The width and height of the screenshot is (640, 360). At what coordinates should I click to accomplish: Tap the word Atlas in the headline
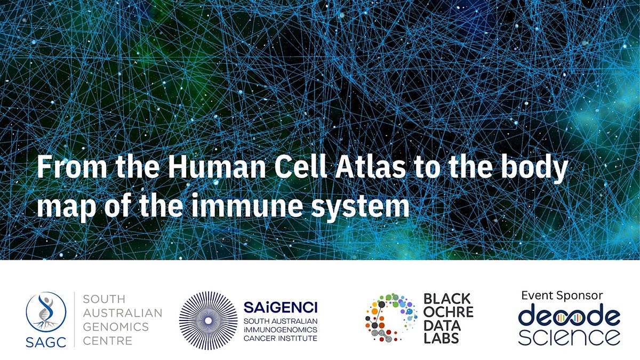pos(370,167)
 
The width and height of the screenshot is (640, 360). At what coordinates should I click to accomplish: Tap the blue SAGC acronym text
pos(46,342)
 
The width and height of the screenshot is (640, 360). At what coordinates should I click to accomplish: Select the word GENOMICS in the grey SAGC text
pos(116,327)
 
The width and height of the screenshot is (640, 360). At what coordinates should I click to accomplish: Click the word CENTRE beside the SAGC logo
pos(108,341)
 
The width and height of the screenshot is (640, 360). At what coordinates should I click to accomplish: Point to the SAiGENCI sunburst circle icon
pos(209,321)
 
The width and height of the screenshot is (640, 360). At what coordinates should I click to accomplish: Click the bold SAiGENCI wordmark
pos(281,307)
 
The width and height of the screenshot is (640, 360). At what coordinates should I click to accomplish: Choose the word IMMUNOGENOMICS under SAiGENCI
pos(281,330)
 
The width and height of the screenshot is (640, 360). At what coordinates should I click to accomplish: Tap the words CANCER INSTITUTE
pos(281,339)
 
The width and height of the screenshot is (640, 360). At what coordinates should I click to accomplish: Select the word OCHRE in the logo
pos(449,312)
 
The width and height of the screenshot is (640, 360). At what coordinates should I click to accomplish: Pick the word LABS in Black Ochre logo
pos(441,338)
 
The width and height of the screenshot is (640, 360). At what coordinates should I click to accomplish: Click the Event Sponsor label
pos(562,295)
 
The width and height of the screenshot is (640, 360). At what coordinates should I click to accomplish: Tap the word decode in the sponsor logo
pos(569,317)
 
